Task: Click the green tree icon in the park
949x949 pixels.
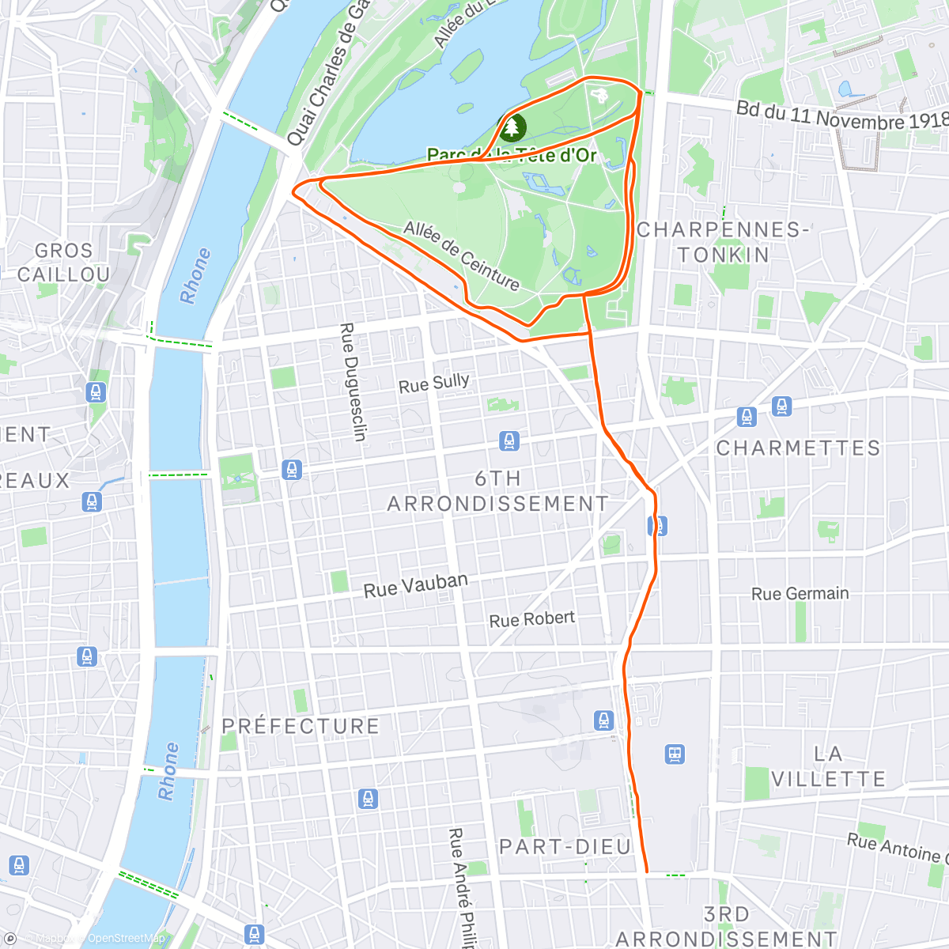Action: click(x=512, y=127)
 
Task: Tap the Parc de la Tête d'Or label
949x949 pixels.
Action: click(x=512, y=155)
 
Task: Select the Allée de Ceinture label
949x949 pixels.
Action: click(x=462, y=255)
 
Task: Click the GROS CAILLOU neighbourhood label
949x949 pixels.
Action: click(x=63, y=263)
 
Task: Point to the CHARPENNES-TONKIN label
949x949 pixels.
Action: click(x=723, y=242)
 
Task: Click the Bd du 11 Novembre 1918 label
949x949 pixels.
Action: click(x=841, y=115)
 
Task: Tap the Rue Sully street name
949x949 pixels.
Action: click(x=433, y=384)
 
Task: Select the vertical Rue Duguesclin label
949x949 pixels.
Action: click(x=353, y=381)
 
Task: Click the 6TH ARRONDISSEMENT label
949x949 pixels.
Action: click(x=498, y=491)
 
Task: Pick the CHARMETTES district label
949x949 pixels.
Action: click(x=798, y=448)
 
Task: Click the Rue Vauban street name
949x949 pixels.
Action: click(x=415, y=585)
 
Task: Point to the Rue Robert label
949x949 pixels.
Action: click(x=531, y=619)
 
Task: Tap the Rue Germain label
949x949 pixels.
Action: click(x=800, y=594)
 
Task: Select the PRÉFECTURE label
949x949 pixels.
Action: click(x=301, y=726)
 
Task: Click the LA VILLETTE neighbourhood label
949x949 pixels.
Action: click(x=828, y=766)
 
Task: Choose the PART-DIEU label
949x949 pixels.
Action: click(x=565, y=847)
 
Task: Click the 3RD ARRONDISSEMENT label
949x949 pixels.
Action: click(x=726, y=927)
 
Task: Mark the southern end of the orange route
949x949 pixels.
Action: click(x=647, y=871)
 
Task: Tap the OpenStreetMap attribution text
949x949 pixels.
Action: click(x=126, y=939)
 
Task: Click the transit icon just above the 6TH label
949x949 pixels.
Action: click(x=509, y=440)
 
